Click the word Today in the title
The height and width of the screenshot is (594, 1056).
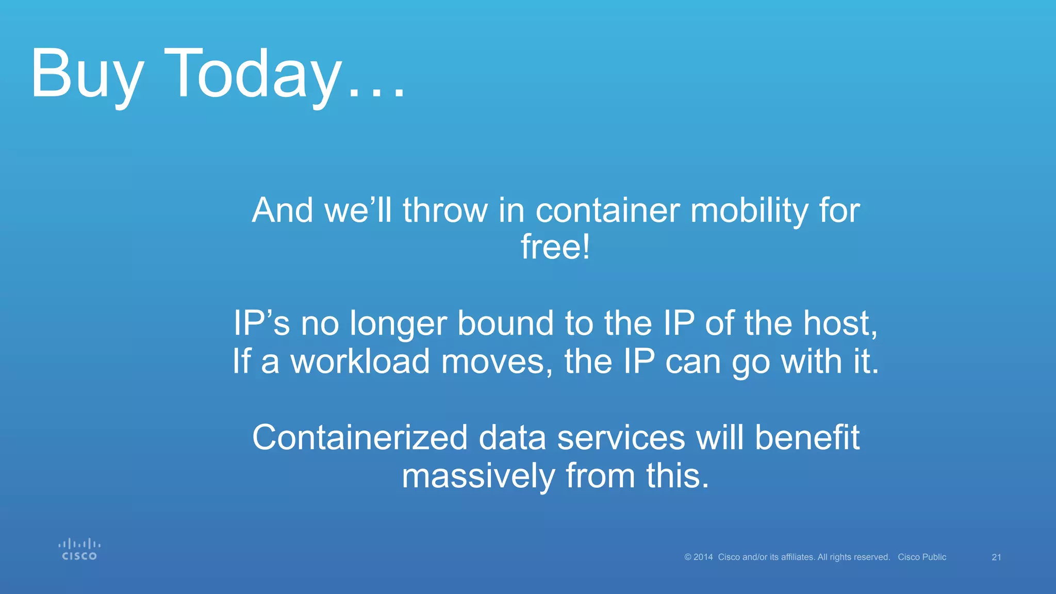253,75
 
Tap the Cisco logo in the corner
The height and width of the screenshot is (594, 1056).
79,550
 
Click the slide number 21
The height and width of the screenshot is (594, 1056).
996,557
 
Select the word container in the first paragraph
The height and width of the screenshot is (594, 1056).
607,211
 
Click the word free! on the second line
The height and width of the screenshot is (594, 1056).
555,247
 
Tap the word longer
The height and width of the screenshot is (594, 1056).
398,324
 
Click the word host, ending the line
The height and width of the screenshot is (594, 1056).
840,324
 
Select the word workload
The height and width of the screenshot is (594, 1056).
360,361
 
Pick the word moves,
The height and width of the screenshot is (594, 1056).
497,362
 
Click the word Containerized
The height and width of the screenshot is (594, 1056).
359,438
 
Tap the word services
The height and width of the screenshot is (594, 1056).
621,438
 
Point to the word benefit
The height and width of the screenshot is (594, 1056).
807,438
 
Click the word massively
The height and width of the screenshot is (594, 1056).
477,476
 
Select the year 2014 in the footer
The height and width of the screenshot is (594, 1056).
703,557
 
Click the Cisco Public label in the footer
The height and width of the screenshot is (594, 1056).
922,557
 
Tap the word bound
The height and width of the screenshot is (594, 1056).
505,324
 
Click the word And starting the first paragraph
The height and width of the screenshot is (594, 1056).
282,211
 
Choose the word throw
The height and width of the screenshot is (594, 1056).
445,211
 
